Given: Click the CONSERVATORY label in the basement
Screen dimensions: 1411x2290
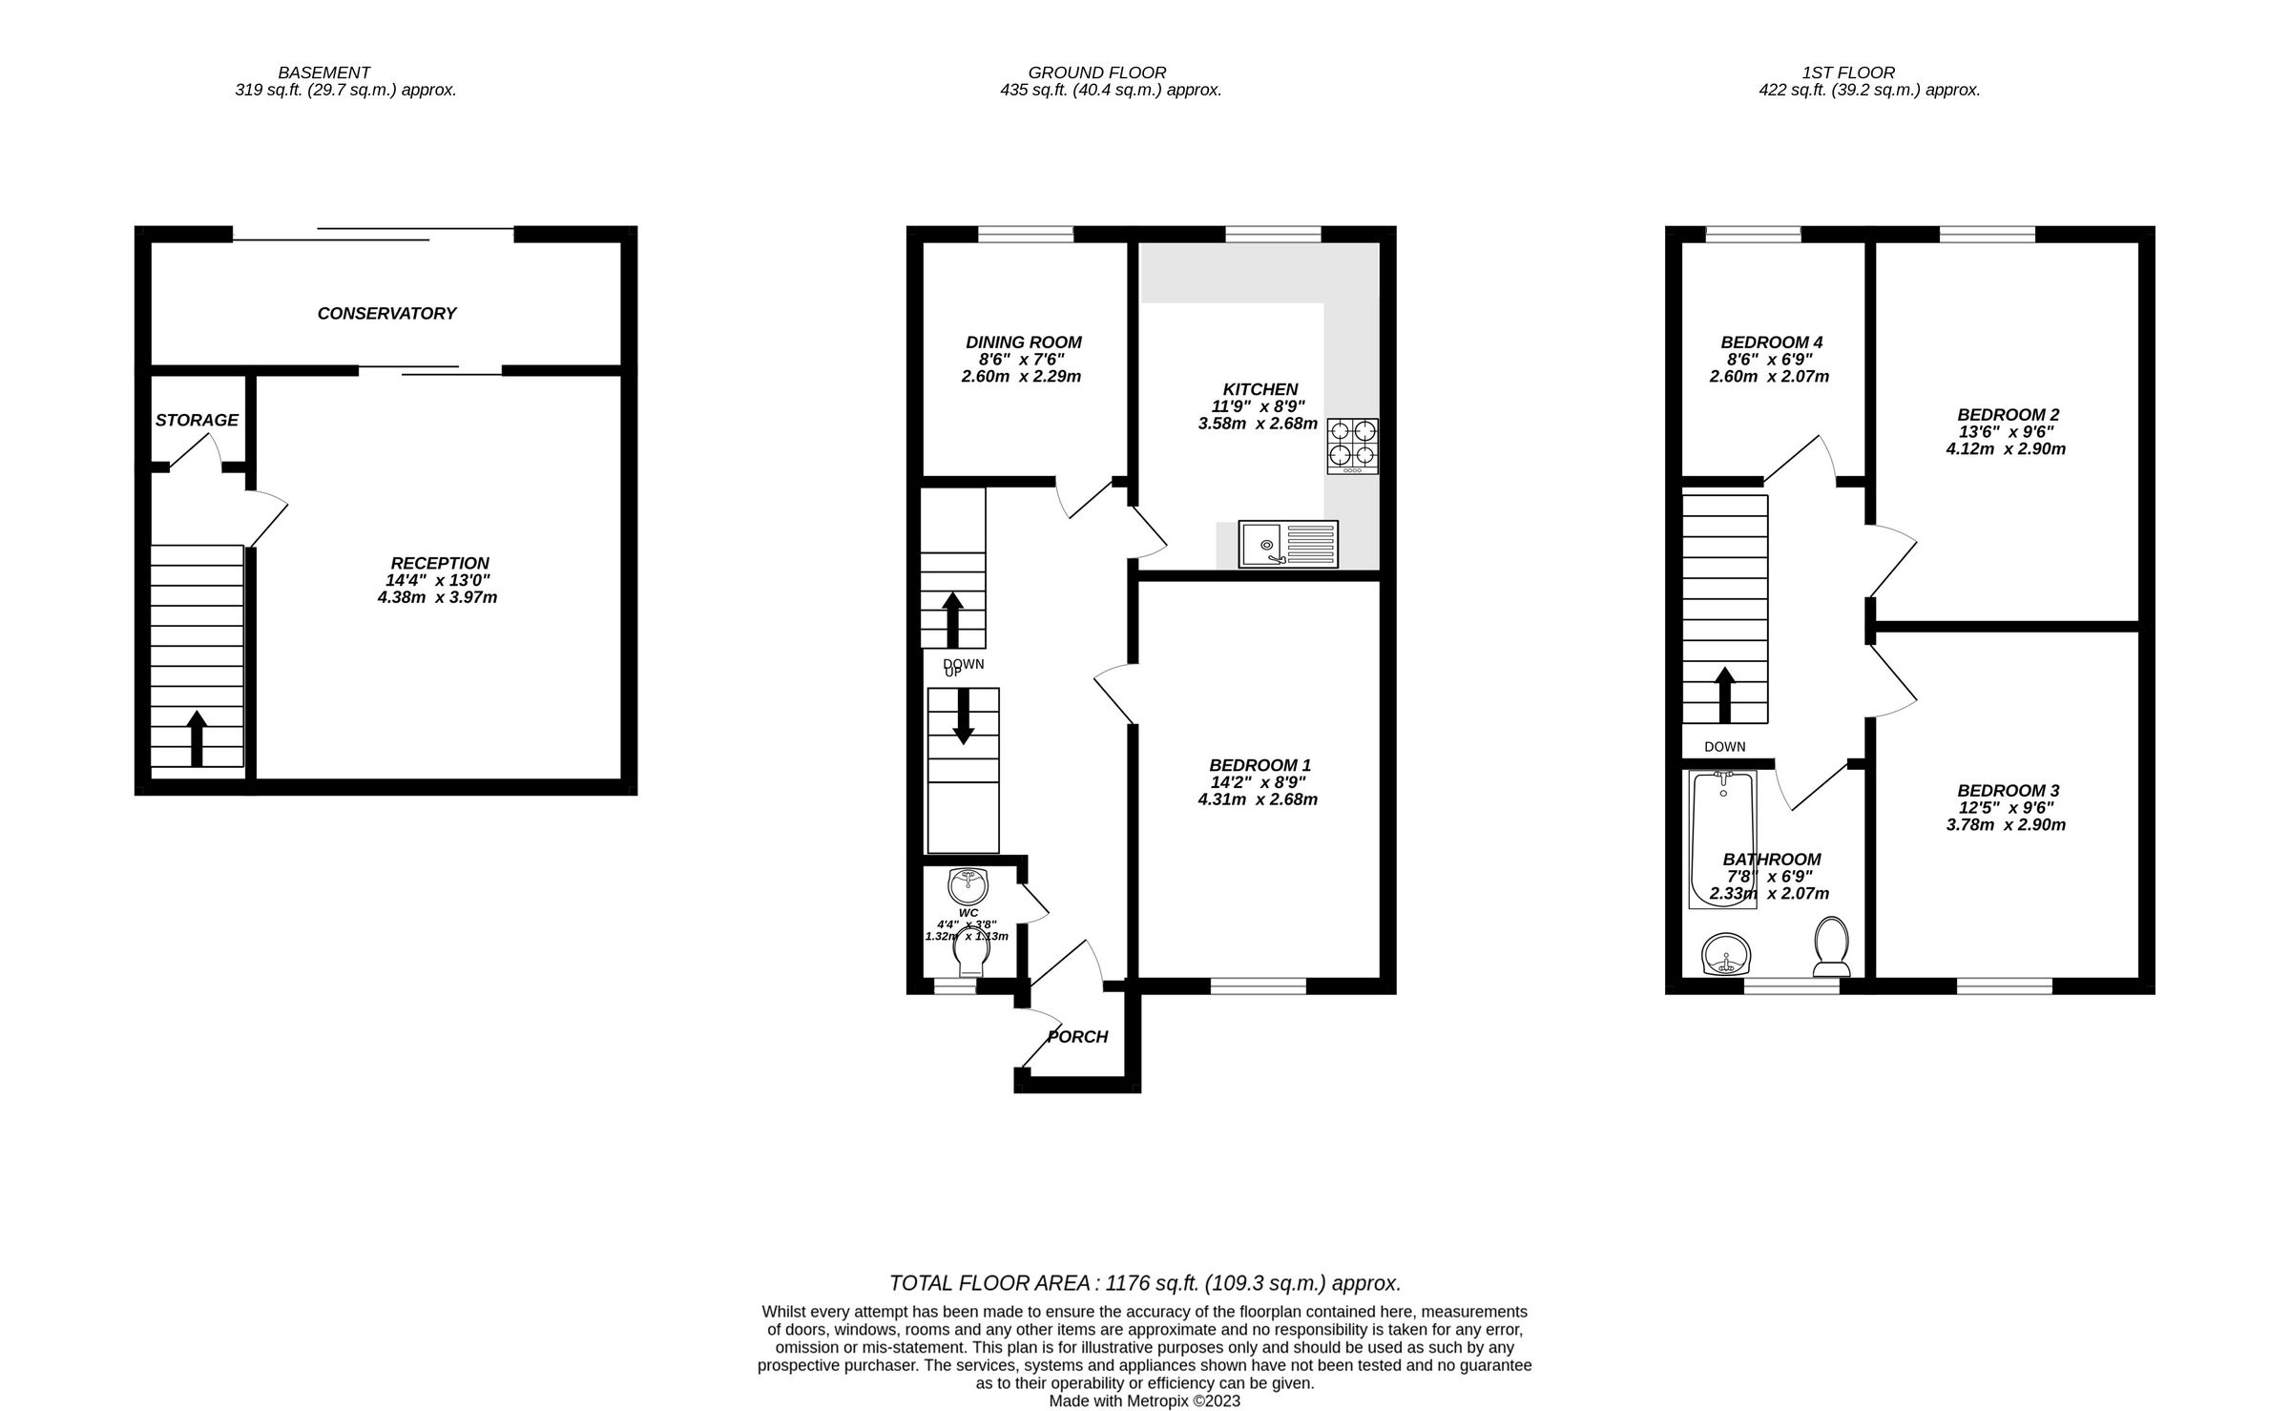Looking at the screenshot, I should [386, 314].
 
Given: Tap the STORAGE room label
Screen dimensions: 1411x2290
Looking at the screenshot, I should [197, 421].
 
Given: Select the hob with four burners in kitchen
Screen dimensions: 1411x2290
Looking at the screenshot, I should [1352, 446].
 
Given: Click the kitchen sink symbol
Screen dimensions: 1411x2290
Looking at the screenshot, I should [1288, 545].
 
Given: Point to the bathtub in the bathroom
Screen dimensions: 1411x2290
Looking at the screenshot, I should [1721, 840].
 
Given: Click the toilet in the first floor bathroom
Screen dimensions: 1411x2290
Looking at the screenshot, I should [1831, 946].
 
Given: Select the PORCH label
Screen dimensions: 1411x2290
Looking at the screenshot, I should [1078, 1037].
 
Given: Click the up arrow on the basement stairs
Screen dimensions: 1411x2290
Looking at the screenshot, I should [197, 737].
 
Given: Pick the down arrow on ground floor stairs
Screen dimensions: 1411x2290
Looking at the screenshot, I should [964, 716].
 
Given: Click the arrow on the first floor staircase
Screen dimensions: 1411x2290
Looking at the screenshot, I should [1725, 695].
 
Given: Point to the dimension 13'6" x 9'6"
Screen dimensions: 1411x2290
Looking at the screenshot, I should [2006, 431].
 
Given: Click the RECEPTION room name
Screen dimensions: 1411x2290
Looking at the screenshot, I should [440, 564].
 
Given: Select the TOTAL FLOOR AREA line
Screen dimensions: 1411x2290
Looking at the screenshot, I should [1145, 1283].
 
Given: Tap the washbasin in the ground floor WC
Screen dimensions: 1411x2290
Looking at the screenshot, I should [968, 885].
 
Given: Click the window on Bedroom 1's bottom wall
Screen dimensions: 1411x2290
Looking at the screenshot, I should [1259, 986].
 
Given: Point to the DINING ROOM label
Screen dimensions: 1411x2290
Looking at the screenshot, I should [1024, 342].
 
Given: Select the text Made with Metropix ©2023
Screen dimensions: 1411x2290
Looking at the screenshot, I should [1145, 1401].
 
